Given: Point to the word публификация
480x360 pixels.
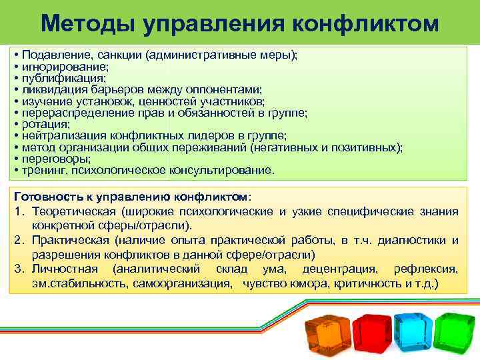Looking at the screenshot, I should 59,78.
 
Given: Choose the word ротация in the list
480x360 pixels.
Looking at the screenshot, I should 45,124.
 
